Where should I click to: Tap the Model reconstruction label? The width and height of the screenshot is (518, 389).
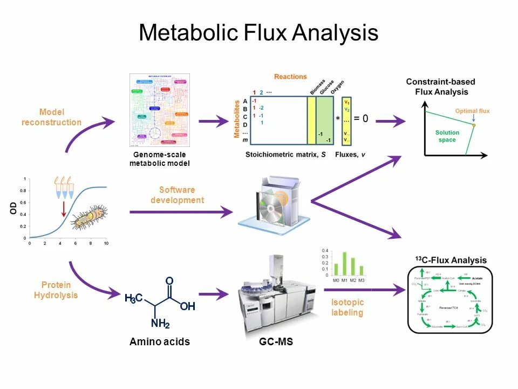[x=52, y=117]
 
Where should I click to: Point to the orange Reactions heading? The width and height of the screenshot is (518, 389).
[x=290, y=77]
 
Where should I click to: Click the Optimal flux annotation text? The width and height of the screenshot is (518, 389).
[x=472, y=111]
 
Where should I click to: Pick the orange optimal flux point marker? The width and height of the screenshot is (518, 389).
[x=474, y=125]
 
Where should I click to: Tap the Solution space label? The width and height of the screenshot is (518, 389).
[x=447, y=136]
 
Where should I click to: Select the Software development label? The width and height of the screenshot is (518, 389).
[x=177, y=195]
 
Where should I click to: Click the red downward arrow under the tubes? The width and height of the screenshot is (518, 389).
[x=64, y=209]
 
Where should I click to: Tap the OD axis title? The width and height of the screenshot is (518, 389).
[x=13, y=207]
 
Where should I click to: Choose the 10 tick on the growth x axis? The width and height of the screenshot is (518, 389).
[x=106, y=244]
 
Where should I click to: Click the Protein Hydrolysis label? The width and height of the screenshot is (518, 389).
[x=56, y=290]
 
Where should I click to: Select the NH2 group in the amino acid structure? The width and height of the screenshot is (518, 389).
[x=160, y=324]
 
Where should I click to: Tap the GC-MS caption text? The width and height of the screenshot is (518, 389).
[x=276, y=342]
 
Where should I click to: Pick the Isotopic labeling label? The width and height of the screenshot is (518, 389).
[x=347, y=307]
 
